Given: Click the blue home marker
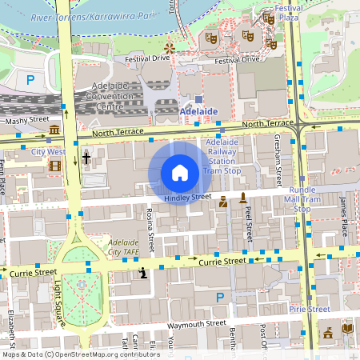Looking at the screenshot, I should coord(180,173).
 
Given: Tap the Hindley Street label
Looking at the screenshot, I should coord(187,197).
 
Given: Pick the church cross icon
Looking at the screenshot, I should coord(86,158).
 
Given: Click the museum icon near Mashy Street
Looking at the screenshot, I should coord(54,130).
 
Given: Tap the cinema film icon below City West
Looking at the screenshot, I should coord(54,166).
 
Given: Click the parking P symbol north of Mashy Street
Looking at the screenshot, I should coord(30,79).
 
